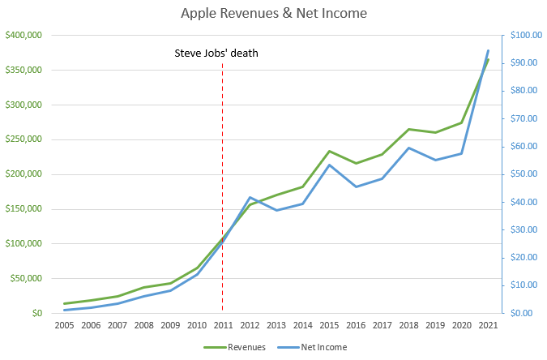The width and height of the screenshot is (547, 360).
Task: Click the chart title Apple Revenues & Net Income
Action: (x=273, y=14)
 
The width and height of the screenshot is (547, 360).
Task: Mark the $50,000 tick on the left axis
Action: (x=25, y=278)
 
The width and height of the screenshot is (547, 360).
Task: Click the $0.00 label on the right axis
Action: (x=522, y=313)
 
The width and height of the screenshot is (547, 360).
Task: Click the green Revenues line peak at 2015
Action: (x=328, y=151)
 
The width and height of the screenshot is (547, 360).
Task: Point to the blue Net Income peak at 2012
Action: (x=249, y=197)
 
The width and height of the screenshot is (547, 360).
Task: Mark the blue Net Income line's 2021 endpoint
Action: (x=487, y=51)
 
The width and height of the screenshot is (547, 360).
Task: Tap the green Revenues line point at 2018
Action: (x=408, y=129)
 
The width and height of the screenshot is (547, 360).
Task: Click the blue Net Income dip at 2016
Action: (x=355, y=186)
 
